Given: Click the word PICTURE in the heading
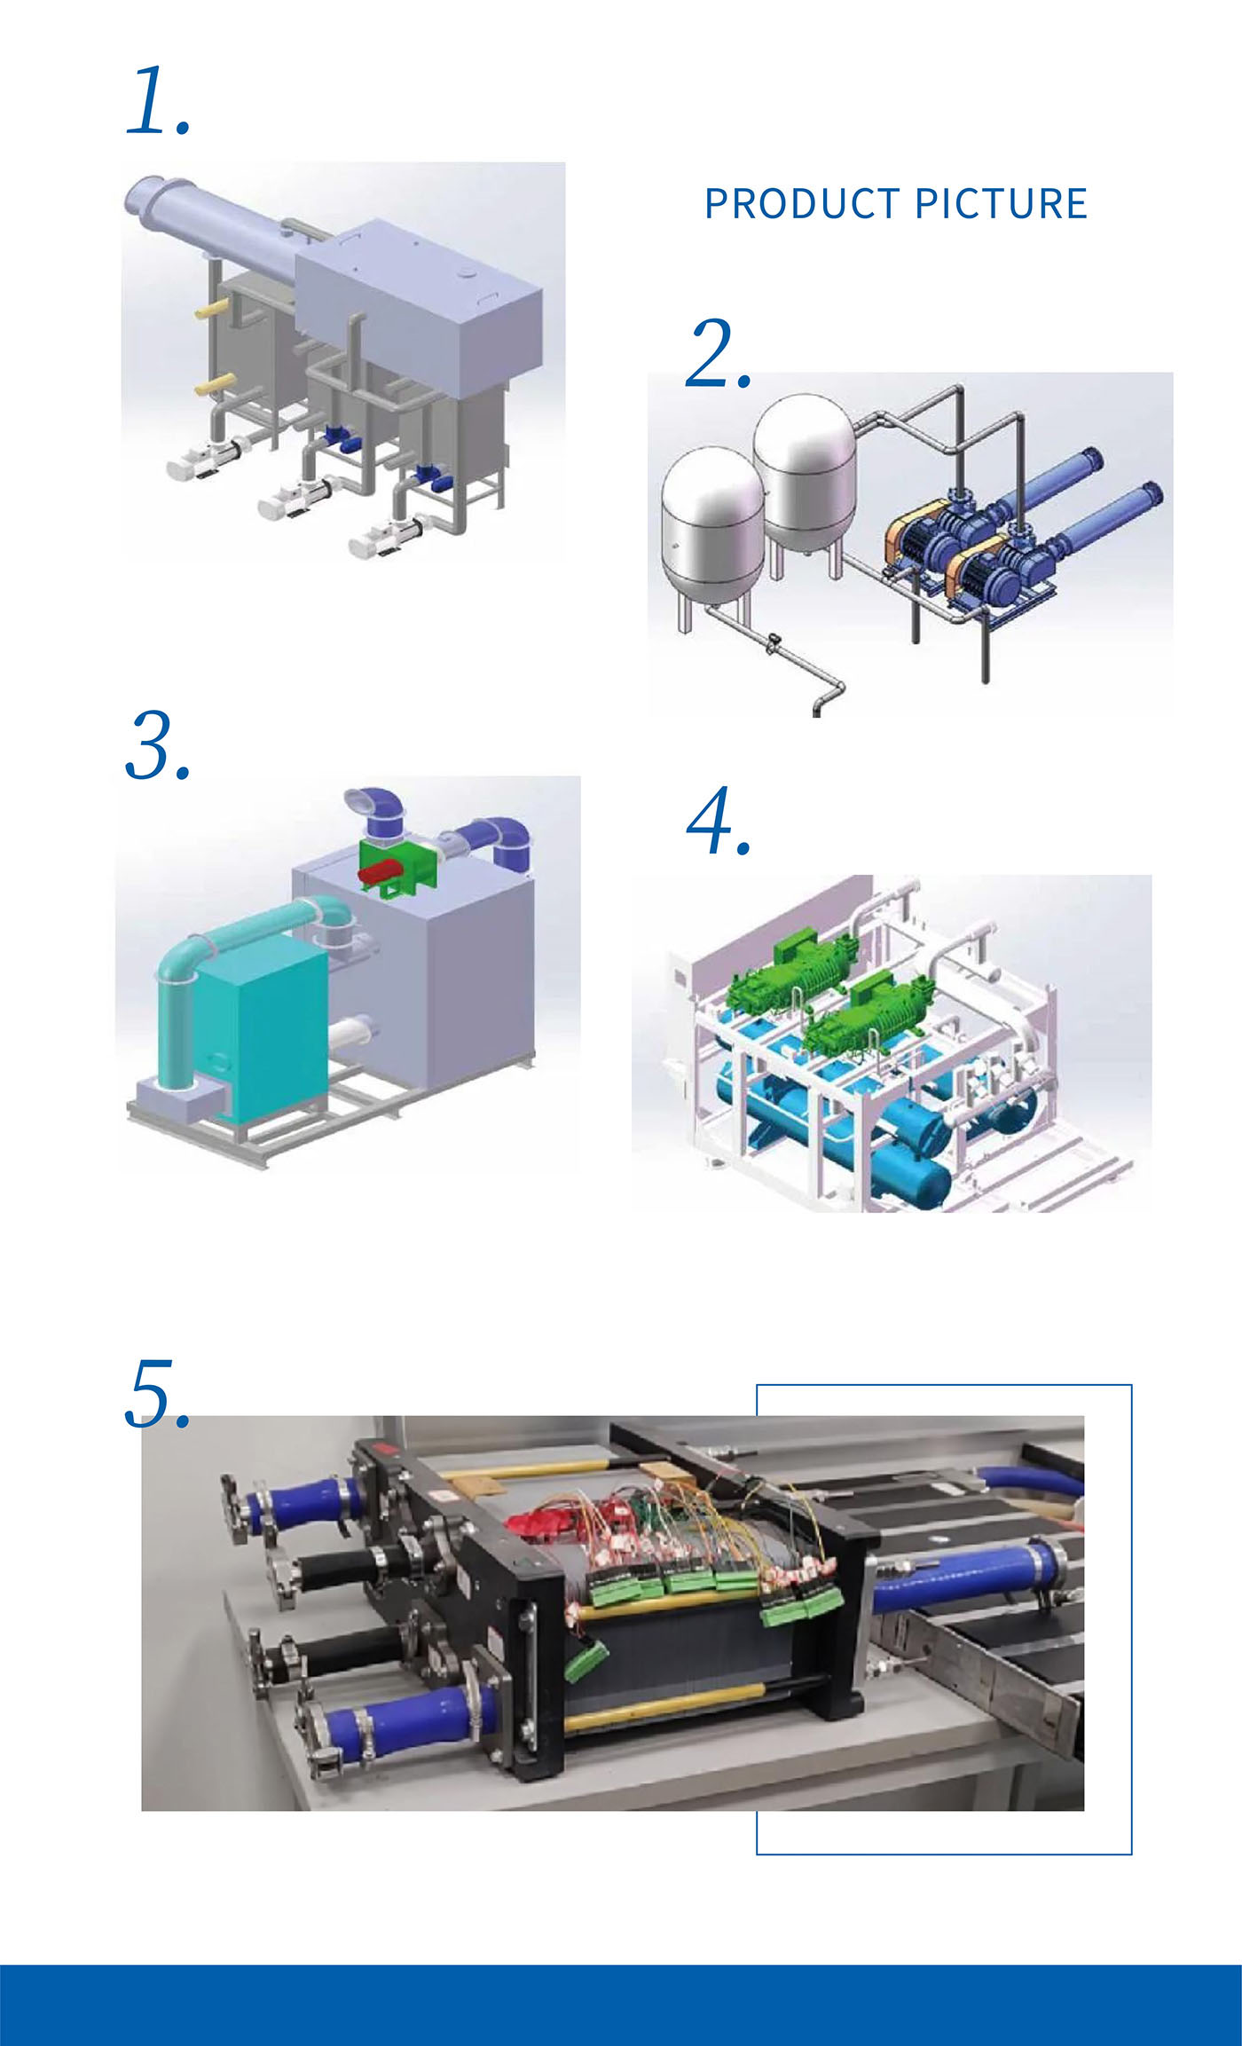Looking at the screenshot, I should [1001, 204].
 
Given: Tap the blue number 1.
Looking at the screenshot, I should [158, 102].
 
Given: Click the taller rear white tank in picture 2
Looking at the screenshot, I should [805, 470].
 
